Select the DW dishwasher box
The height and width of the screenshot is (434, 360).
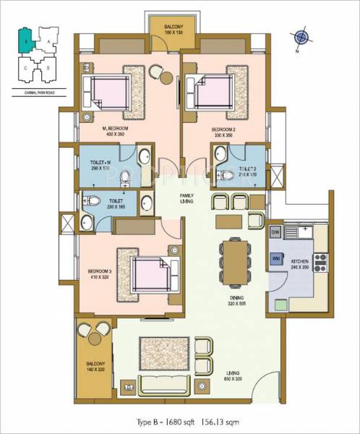[275, 231]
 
